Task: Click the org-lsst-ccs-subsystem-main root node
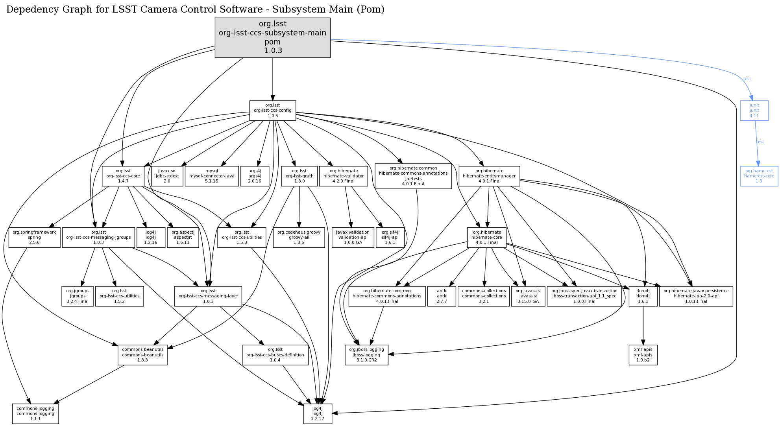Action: (x=272, y=38)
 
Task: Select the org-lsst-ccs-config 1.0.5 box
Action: (x=272, y=111)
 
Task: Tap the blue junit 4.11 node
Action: (x=754, y=111)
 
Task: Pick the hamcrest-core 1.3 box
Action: (x=759, y=176)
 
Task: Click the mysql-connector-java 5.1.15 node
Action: (x=212, y=176)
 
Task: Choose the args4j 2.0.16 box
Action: (x=255, y=176)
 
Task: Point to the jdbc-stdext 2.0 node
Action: (x=167, y=176)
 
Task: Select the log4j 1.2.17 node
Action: (x=318, y=413)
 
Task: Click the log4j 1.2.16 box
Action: (x=150, y=237)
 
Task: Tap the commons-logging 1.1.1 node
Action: (x=35, y=413)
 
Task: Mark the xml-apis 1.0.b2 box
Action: (x=643, y=355)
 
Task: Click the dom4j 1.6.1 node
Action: (x=643, y=296)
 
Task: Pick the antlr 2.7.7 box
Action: (x=442, y=296)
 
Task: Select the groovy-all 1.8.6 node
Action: (x=299, y=237)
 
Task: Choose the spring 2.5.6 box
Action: (x=34, y=237)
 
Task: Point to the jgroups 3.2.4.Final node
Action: (x=78, y=296)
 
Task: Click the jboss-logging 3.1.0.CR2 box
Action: (x=366, y=355)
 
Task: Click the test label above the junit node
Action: (x=747, y=79)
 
